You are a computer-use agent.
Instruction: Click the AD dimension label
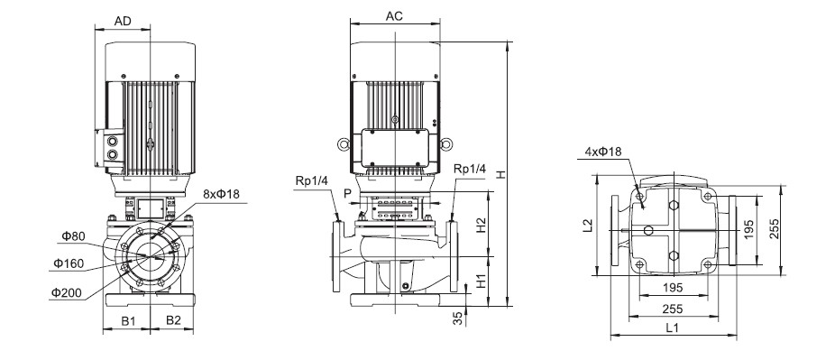pyautogui.click(x=122, y=22)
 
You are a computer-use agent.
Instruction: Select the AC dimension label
pyautogui.click(x=394, y=16)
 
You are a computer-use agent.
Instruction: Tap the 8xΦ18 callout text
pyautogui.click(x=222, y=194)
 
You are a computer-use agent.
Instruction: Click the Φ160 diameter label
pyautogui.click(x=69, y=263)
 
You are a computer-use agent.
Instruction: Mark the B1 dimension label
pyautogui.click(x=128, y=320)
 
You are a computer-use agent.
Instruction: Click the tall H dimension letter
pyautogui.click(x=500, y=173)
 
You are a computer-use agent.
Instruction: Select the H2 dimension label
pyautogui.click(x=481, y=225)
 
